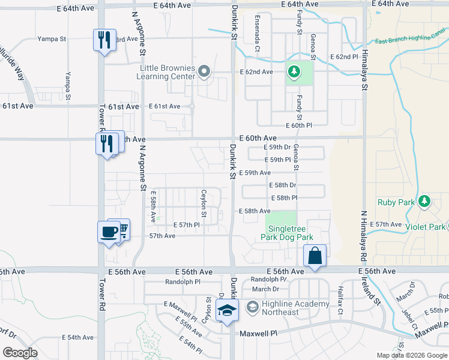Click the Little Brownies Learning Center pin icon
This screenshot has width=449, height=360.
(x=203, y=73)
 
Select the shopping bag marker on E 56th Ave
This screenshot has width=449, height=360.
(x=315, y=256)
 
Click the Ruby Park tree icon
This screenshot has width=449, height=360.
(x=425, y=200)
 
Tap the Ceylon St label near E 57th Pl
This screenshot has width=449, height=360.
(x=204, y=199)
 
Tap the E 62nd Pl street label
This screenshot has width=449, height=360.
(x=345, y=56)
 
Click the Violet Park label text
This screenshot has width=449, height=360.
(x=424, y=227)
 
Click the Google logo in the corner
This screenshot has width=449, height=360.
(x=20, y=352)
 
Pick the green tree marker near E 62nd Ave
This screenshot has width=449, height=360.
(x=294, y=73)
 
